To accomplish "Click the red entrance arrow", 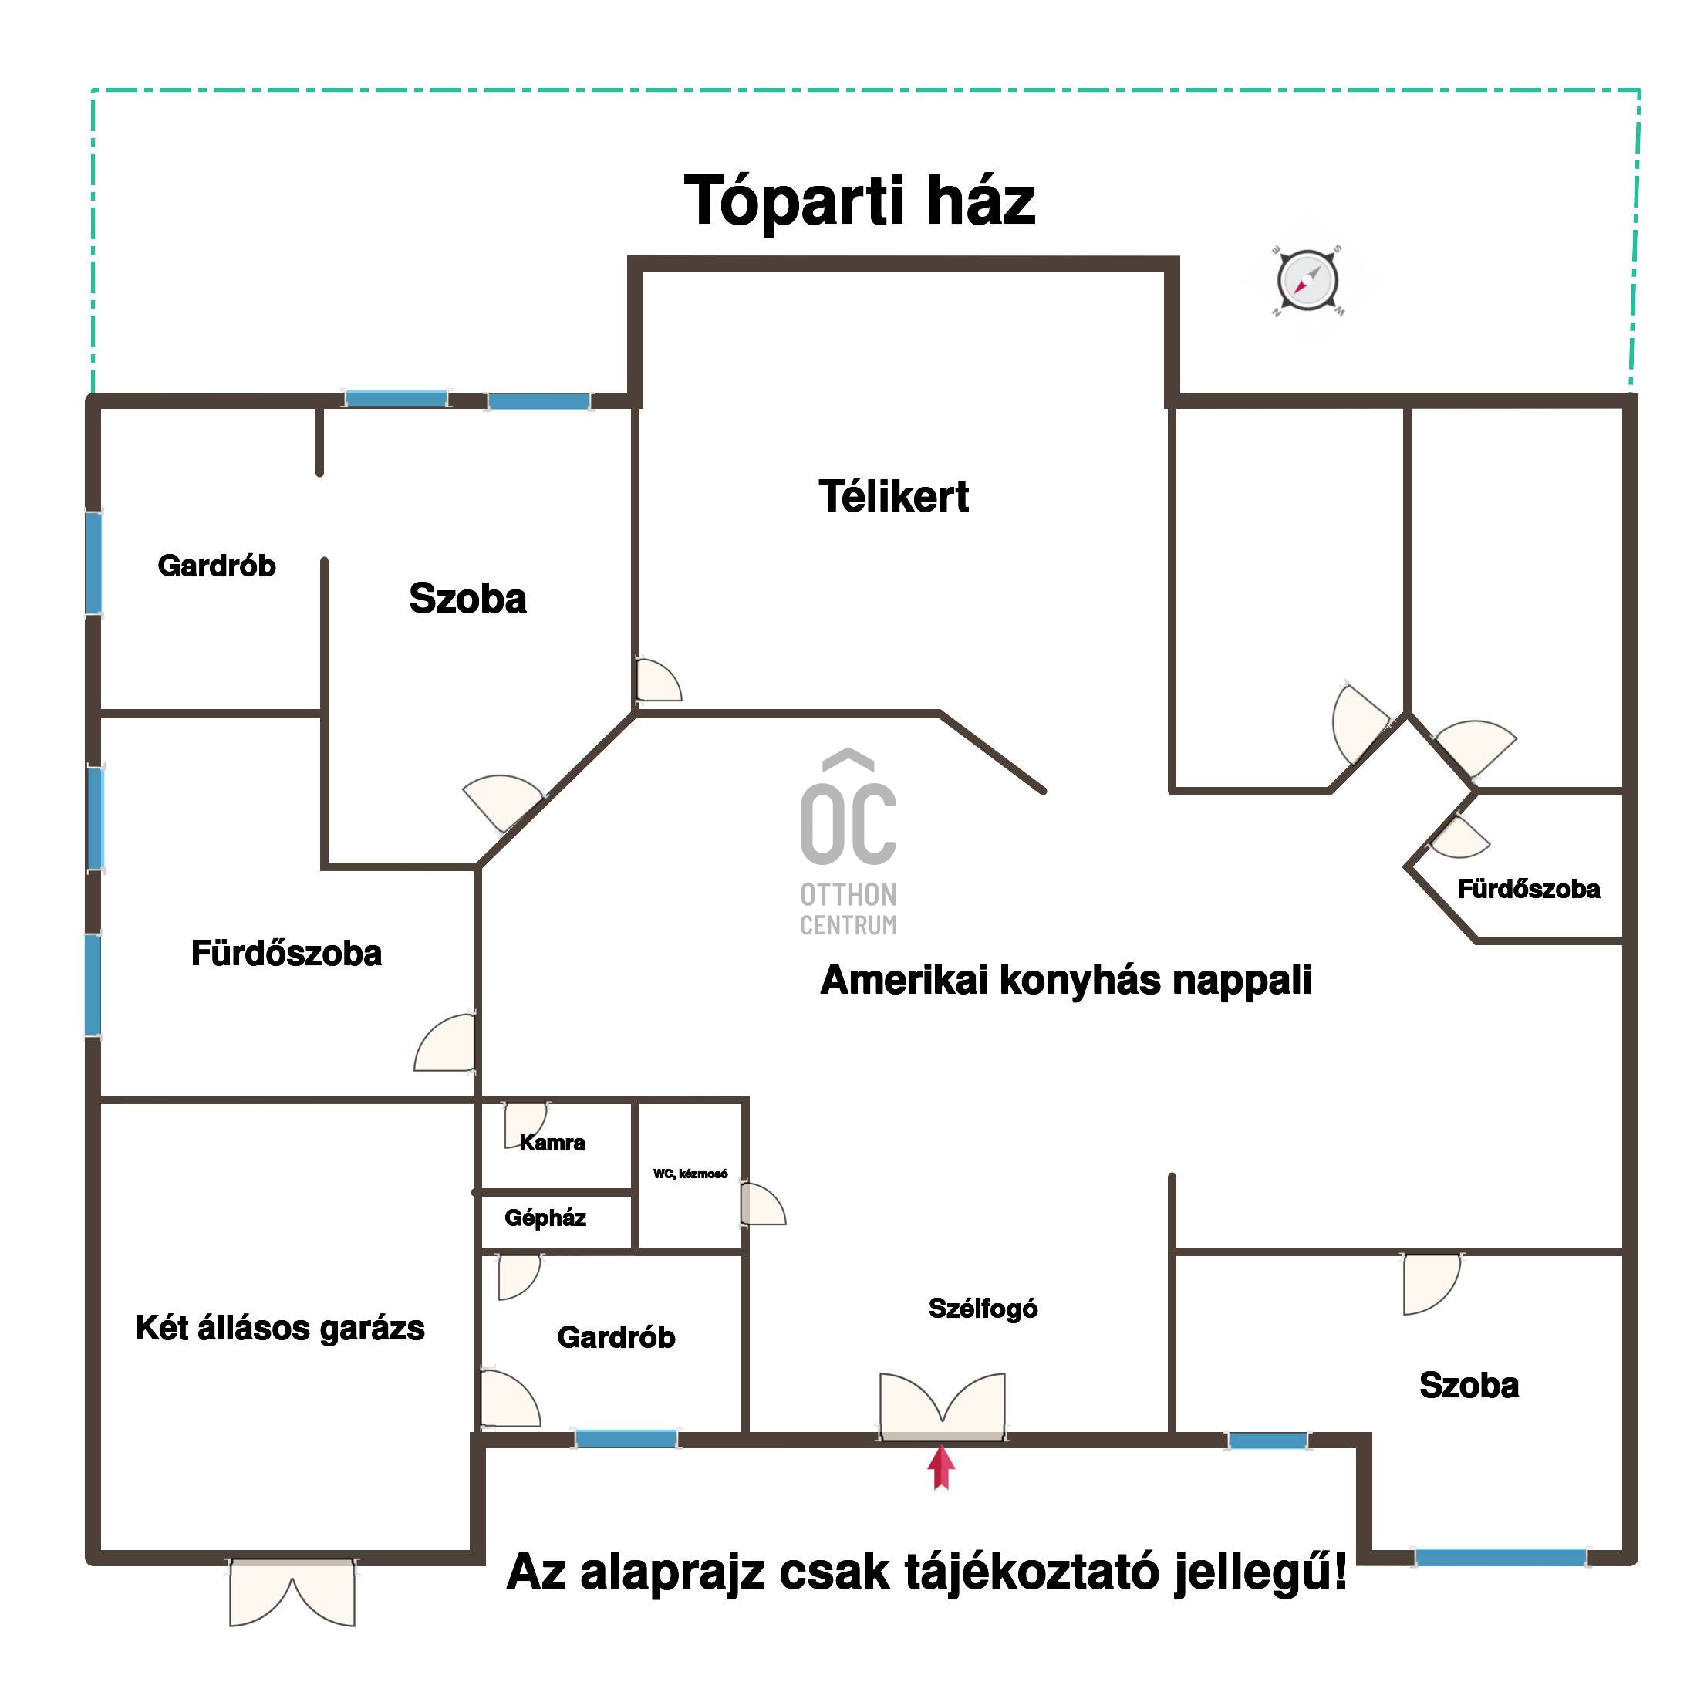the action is click(x=941, y=1467).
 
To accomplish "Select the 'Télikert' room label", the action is click(x=893, y=497).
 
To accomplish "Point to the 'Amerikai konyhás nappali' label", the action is click(x=1065, y=980).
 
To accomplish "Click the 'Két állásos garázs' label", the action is click(x=280, y=1327).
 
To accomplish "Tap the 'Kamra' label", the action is click(x=552, y=1143).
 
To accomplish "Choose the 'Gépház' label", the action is click(x=545, y=1218).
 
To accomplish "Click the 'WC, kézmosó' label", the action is click(x=690, y=1174).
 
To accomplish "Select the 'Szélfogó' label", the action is click(x=983, y=1309).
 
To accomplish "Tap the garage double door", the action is click(x=292, y=1592).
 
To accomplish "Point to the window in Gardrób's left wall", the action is click(x=93, y=563).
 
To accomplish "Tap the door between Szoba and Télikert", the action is click(x=658, y=679).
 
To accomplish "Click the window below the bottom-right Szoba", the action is click(x=1500, y=1557).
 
